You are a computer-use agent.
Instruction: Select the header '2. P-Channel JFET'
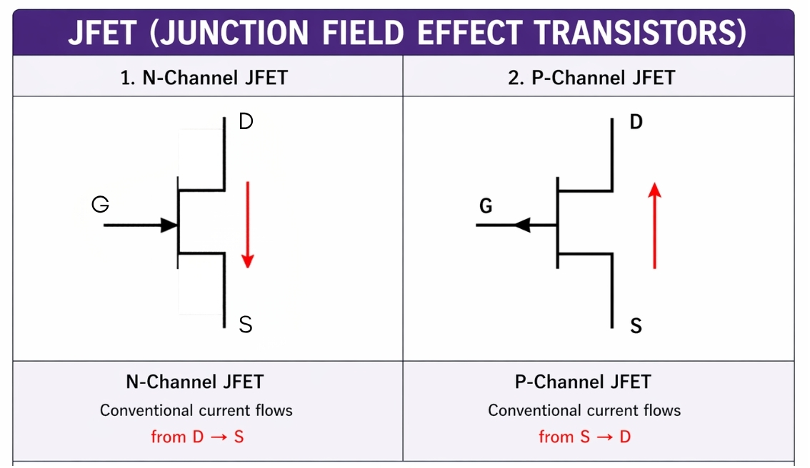(x=591, y=77)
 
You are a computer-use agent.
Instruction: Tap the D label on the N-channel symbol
(x=246, y=122)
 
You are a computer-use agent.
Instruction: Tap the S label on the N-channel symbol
(x=246, y=325)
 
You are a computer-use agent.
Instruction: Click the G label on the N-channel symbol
(x=101, y=205)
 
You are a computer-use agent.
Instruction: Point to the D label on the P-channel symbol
(x=636, y=122)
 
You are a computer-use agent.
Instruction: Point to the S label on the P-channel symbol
(x=636, y=327)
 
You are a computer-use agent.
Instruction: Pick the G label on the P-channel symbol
(x=486, y=207)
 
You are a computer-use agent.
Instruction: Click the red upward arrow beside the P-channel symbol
(x=655, y=225)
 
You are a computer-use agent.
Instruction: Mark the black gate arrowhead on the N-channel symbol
(x=169, y=225)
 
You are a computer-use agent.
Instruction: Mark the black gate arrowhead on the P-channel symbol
(x=522, y=225)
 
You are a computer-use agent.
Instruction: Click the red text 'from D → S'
(x=197, y=437)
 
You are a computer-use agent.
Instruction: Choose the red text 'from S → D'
(x=585, y=437)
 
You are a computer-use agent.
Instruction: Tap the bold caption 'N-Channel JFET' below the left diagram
(x=195, y=382)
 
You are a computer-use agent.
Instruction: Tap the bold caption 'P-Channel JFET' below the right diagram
(x=583, y=382)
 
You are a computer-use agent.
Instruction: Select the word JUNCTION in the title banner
(x=229, y=33)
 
